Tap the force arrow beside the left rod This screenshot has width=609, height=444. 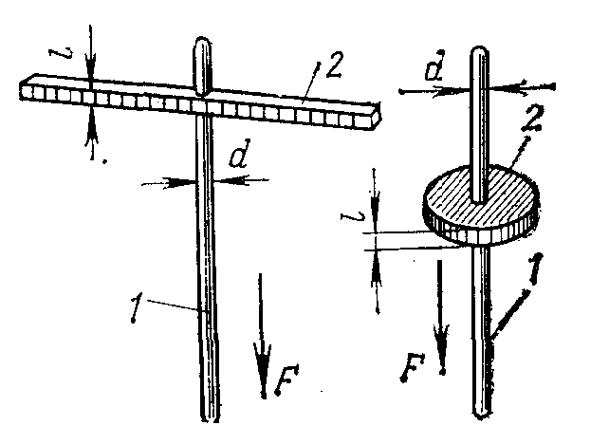coord(261,342)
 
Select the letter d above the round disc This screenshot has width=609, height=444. coord(435,70)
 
